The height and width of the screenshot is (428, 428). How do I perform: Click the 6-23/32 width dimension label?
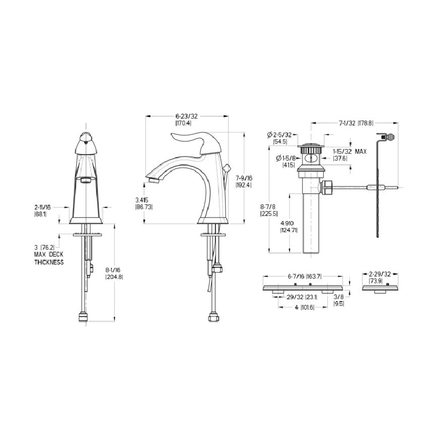click(x=187, y=116)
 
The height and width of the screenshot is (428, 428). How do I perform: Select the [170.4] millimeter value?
click(x=183, y=123)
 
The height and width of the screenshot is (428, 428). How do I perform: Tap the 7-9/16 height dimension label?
click(x=244, y=178)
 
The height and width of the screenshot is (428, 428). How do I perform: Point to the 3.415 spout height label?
click(x=142, y=200)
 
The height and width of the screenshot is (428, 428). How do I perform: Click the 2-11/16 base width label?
click(x=43, y=207)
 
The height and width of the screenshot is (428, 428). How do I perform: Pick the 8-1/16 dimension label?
click(x=113, y=270)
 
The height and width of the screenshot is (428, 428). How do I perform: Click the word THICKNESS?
click(x=49, y=262)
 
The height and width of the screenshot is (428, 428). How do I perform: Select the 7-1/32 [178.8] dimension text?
click(x=356, y=123)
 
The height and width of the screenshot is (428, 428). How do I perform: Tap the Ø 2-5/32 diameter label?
click(x=279, y=134)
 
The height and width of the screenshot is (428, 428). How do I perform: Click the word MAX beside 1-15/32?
click(x=361, y=152)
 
